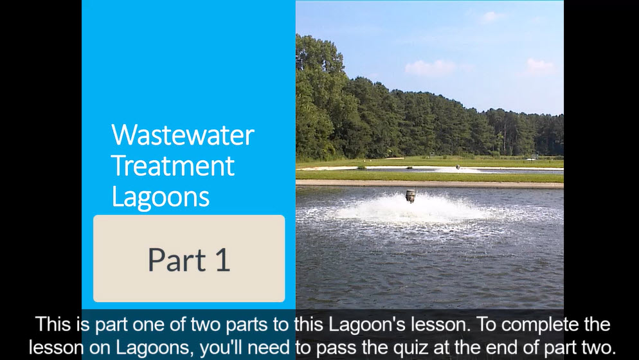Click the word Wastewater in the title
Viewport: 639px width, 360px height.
click(183, 135)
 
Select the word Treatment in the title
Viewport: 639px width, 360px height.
click(172, 165)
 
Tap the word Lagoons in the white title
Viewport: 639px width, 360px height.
click(160, 197)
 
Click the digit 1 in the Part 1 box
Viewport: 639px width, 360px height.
click(223, 260)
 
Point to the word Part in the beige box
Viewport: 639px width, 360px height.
click(177, 260)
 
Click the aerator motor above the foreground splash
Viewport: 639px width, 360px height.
click(410, 196)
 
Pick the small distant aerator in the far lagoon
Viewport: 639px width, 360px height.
click(458, 166)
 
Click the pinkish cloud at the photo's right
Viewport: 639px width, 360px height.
click(539, 66)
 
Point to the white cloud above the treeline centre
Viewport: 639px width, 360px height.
click(429, 67)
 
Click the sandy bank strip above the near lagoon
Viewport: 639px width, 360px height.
click(429, 184)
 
